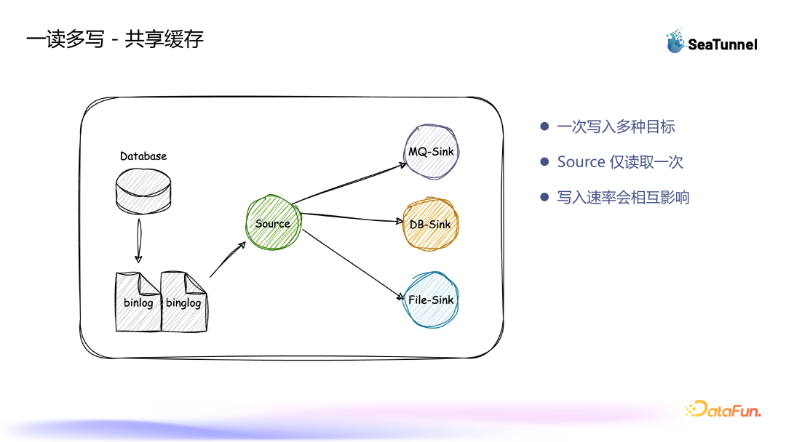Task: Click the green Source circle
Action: [x=273, y=222]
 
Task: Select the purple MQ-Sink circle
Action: [x=431, y=152]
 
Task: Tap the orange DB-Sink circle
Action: [x=431, y=224]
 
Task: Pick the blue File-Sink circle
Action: [x=431, y=300]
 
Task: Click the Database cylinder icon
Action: [x=143, y=191]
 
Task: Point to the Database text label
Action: [x=143, y=156]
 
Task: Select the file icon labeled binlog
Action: [x=138, y=302]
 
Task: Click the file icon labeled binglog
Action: [x=184, y=302]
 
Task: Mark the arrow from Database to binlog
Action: [x=139, y=241]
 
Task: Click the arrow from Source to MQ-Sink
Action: [x=349, y=183]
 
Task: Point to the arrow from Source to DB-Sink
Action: [x=352, y=217]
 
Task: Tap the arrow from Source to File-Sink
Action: [x=353, y=265]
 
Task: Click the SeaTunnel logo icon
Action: [x=675, y=41]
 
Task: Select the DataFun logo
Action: [x=723, y=409]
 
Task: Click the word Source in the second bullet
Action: [x=581, y=161]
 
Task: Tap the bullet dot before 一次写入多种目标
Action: [x=544, y=126]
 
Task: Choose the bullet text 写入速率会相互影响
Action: [x=623, y=197]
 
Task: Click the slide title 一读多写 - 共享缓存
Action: [x=115, y=39]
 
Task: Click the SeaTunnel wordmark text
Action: [x=723, y=44]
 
